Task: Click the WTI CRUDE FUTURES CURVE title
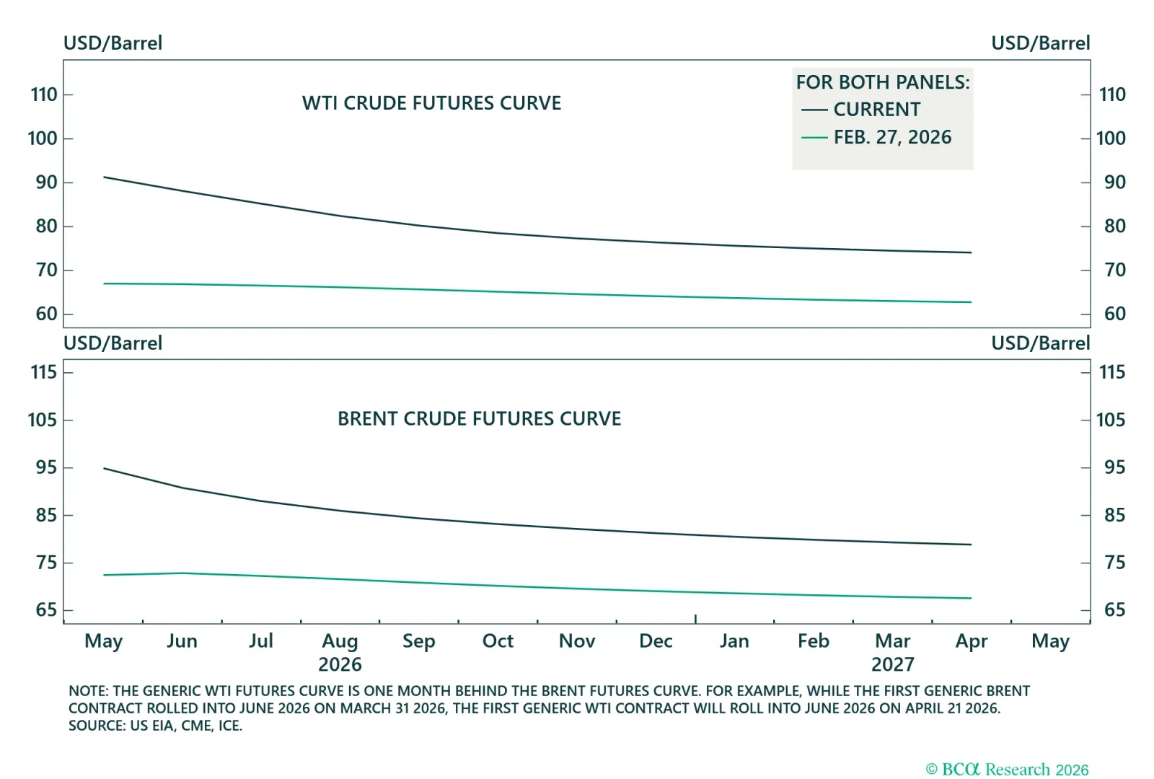[x=431, y=103]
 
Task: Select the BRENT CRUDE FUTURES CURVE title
[x=479, y=419]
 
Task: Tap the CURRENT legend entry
[x=876, y=110]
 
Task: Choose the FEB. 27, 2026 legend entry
[x=892, y=137]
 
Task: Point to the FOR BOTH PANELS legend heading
[x=883, y=82]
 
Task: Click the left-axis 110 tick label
[x=44, y=94]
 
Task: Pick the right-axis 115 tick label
[x=1111, y=372]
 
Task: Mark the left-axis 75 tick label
[x=46, y=563]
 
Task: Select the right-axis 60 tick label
[x=1114, y=314]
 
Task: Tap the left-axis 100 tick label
[x=43, y=138]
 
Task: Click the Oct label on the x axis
[x=498, y=641]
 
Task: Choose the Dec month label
[x=656, y=641]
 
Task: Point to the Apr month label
[x=971, y=641]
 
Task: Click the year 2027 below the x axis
[x=892, y=664]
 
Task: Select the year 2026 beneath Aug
[x=340, y=664]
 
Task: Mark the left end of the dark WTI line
[x=105, y=177]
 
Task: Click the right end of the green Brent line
[x=971, y=598]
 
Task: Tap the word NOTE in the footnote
[x=87, y=691]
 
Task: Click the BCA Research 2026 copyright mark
[x=1007, y=770]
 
